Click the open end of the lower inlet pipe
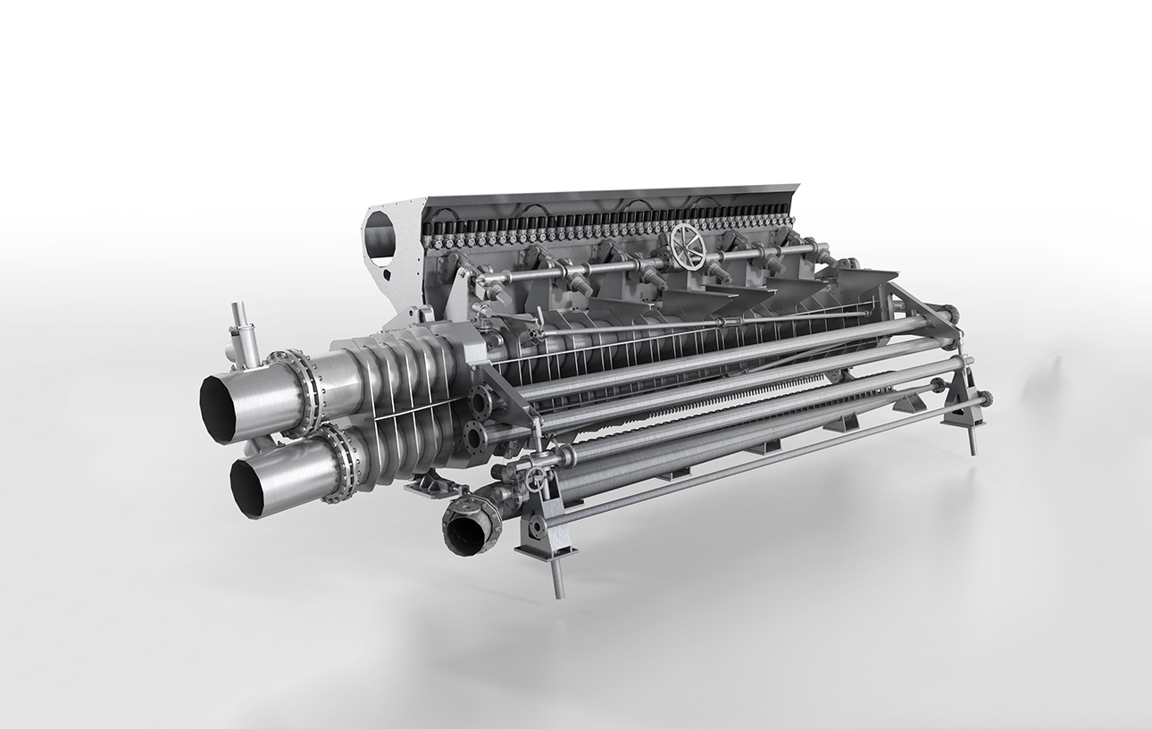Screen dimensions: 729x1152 247,488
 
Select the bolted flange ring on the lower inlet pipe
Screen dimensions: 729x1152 344,463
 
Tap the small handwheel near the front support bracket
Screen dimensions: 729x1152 535,480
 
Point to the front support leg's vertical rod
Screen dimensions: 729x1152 556,572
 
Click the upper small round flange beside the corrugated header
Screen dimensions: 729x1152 479,403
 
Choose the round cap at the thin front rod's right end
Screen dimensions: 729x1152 986,398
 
